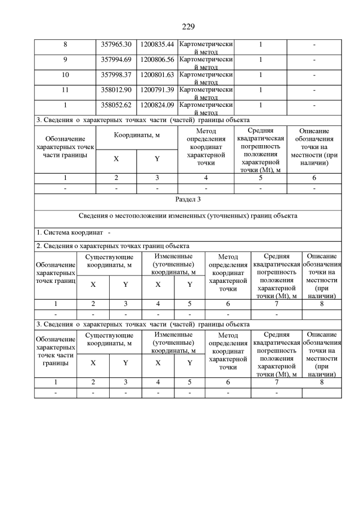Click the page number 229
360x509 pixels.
[x=188, y=26]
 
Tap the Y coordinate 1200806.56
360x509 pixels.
[x=157, y=59]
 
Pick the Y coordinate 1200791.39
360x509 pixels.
[x=157, y=89]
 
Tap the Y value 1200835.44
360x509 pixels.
[x=157, y=44]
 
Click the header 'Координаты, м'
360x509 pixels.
[x=137, y=135]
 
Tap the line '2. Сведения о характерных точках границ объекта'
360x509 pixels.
[x=112, y=246]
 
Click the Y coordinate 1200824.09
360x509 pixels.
[x=157, y=104]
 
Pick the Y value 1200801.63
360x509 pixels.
[x=157, y=74]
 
